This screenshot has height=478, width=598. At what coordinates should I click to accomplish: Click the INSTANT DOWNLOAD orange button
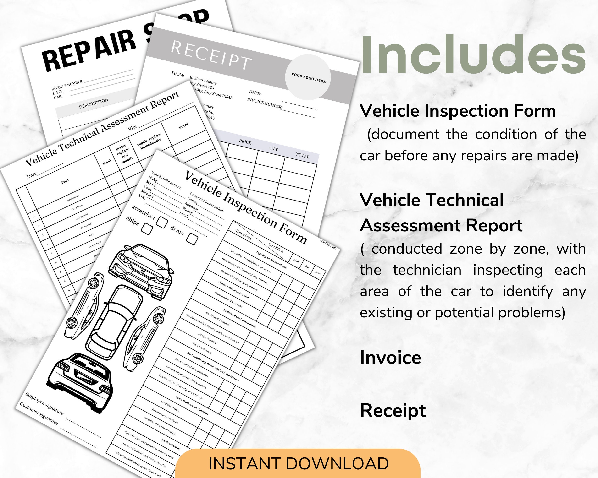coord(298,464)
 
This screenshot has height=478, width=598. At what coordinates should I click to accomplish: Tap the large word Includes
coord(473,55)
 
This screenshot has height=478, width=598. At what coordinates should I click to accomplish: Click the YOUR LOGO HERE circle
coord(308,77)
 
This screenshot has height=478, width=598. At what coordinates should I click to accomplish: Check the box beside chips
coord(147,229)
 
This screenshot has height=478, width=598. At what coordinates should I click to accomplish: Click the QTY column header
coord(273,148)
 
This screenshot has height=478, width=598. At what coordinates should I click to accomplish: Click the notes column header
coord(183,125)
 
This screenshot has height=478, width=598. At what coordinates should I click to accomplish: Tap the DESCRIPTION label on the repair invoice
coord(94,103)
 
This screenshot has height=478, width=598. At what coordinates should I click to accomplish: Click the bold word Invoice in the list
coord(390,358)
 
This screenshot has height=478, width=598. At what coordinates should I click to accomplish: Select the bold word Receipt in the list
coord(393,410)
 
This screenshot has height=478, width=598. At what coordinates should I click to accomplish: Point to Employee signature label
coord(44,403)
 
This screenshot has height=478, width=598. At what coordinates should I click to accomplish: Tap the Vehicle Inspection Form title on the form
coord(245,208)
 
